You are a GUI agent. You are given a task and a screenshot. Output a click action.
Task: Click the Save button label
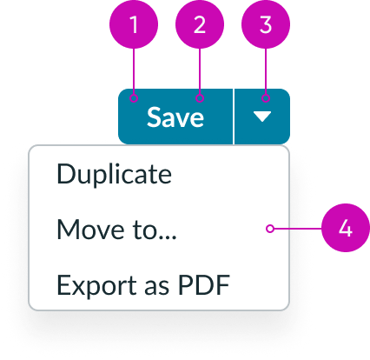[x=175, y=117]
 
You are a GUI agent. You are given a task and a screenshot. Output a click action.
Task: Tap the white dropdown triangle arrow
[x=262, y=117]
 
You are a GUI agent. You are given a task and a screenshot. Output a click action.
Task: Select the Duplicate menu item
[x=115, y=174]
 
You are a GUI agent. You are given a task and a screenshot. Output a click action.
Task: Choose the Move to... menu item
[x=116, y=230]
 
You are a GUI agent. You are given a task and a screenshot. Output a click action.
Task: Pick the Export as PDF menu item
[x=143, y=284]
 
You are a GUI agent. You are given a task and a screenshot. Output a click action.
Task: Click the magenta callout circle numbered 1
[x=134, y=24]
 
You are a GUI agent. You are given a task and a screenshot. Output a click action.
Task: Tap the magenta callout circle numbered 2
[x=200, y=24]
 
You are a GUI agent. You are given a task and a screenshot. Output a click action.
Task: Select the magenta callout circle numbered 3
[x=266, y=24]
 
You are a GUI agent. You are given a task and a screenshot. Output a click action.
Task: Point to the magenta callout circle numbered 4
[x=346, y=228]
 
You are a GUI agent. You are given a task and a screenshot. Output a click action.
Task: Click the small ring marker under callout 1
[x=134, y=98]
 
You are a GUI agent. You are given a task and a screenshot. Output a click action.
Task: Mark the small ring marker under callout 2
[x=200, y=98]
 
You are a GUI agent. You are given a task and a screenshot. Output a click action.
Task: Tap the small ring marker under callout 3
[x=266, y=98]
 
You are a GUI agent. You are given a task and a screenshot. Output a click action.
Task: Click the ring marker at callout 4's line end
[x=270, y=229]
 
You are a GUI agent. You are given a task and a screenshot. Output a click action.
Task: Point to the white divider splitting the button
[x=234, y=117]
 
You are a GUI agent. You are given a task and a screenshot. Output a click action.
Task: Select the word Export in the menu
[x=97, y=284]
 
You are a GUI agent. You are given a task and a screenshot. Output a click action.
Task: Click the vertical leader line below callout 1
[x=134, y=71]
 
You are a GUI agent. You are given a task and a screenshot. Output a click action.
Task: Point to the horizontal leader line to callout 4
[x=298, y=229]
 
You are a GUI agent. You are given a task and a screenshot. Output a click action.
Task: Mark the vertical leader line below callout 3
[x=266, y=71]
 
